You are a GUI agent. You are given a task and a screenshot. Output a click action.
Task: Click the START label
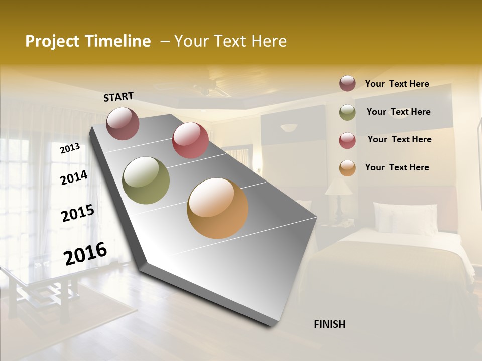(x=118, y=97)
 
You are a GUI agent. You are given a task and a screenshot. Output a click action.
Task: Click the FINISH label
(x=329, y=324)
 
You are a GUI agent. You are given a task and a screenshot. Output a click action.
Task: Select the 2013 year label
(x=70, y=148)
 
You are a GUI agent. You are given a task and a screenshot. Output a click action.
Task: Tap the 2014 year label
(x=74, y=177)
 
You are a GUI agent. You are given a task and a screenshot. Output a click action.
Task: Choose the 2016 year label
(x=85, y=254)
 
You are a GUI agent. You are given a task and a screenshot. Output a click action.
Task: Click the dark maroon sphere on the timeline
(x=123, y=123)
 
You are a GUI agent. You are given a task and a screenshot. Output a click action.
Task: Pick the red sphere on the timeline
(x=190, y=140)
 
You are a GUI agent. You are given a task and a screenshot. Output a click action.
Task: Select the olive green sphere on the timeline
(x=146, y=180)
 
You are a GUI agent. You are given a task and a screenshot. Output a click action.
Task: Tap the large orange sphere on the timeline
(x=217, y=208)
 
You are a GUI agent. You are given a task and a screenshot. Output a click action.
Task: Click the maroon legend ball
(x=347, y=83)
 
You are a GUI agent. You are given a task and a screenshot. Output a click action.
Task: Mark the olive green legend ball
(x=347, y=112)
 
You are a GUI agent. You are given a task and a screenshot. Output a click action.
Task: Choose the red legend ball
(x=347, y=140)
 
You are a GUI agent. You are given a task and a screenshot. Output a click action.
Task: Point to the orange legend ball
(x=347, y=168)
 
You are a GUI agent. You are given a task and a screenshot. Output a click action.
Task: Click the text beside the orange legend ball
(x=397, y=167)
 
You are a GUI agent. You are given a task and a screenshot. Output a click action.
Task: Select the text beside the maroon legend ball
(x=397, y=84)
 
